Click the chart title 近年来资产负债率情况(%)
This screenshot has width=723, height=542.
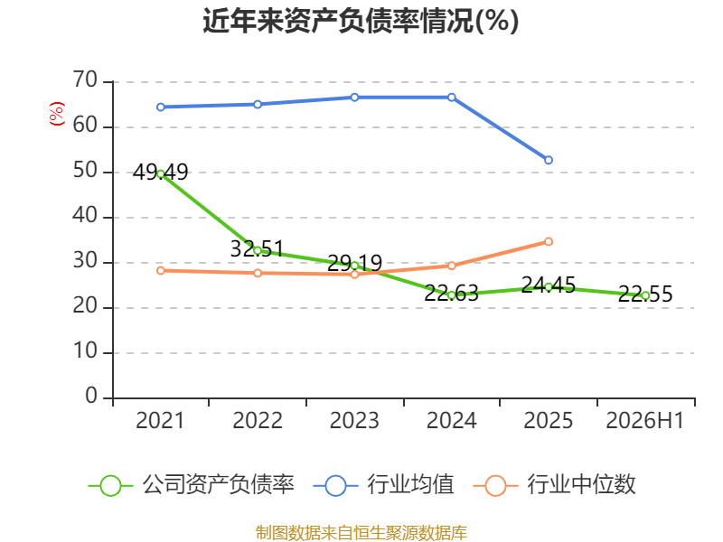coord(361,21)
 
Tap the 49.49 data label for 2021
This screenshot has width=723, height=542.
coord(161,173)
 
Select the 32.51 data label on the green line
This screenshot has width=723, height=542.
coord(257,249)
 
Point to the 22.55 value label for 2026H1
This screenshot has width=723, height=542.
coord(645,294)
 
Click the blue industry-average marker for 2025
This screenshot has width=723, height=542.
coord(549,160)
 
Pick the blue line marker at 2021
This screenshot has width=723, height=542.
coord(161,107)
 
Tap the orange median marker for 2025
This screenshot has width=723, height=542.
coord(549,241)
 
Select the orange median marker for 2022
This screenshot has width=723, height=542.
coord(258,273)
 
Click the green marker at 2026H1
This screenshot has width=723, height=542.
coord(645,295)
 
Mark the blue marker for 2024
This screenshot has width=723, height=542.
coord(451,98)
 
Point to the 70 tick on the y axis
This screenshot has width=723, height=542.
coord(85,80)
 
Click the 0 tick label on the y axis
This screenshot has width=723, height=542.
coord(91,397)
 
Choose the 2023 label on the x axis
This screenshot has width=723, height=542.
coord(354,420)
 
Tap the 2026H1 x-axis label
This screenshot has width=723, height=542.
coord(644,420)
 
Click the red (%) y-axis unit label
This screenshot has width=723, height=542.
coord(57,114)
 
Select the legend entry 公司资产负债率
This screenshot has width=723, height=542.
coord(191,485)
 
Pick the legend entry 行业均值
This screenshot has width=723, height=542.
coord(383,485)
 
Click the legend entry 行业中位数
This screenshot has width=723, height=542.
coord(554,485)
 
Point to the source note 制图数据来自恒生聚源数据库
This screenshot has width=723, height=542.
coord(361,533)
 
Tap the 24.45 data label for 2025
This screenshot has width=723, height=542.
coord(549,285)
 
